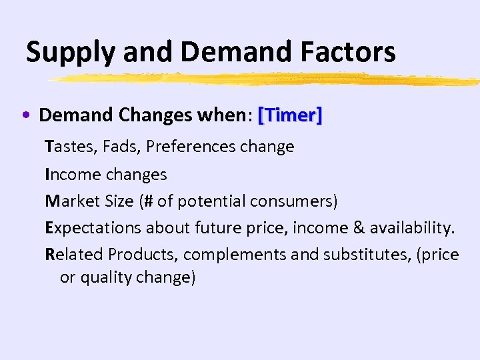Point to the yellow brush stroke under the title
point(267,80)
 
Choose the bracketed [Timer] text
point(290,115)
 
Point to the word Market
point(73,201)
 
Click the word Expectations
point(93,228)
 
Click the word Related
point(74,255)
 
